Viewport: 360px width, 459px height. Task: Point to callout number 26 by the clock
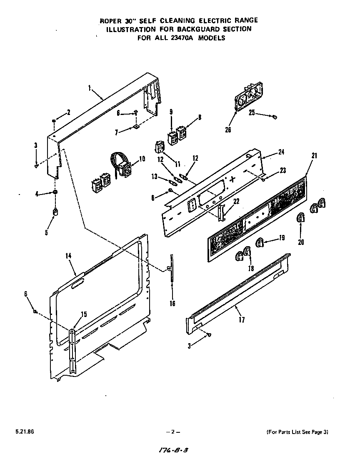pyautogui.click(x=228, y=130)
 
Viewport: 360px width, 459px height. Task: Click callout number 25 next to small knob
pyautogui.click(x=252, y=112)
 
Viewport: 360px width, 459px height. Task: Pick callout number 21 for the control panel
pyautogui.click(x=314, y=156)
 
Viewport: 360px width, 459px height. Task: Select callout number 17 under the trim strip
pyautogui.click(x=242, y=320)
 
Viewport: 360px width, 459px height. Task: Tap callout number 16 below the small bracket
pyautogui.click(x=172, y=303)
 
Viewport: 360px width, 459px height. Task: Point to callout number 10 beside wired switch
pyautogui.click(x=142, y=158)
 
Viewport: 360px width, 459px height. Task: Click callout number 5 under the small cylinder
pyautogui.click(x=46, y=232)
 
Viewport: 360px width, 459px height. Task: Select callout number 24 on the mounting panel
pyautogui.click(x=281, y=152)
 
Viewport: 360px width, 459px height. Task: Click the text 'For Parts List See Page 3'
pyautogui.click(x=297, y=432)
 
